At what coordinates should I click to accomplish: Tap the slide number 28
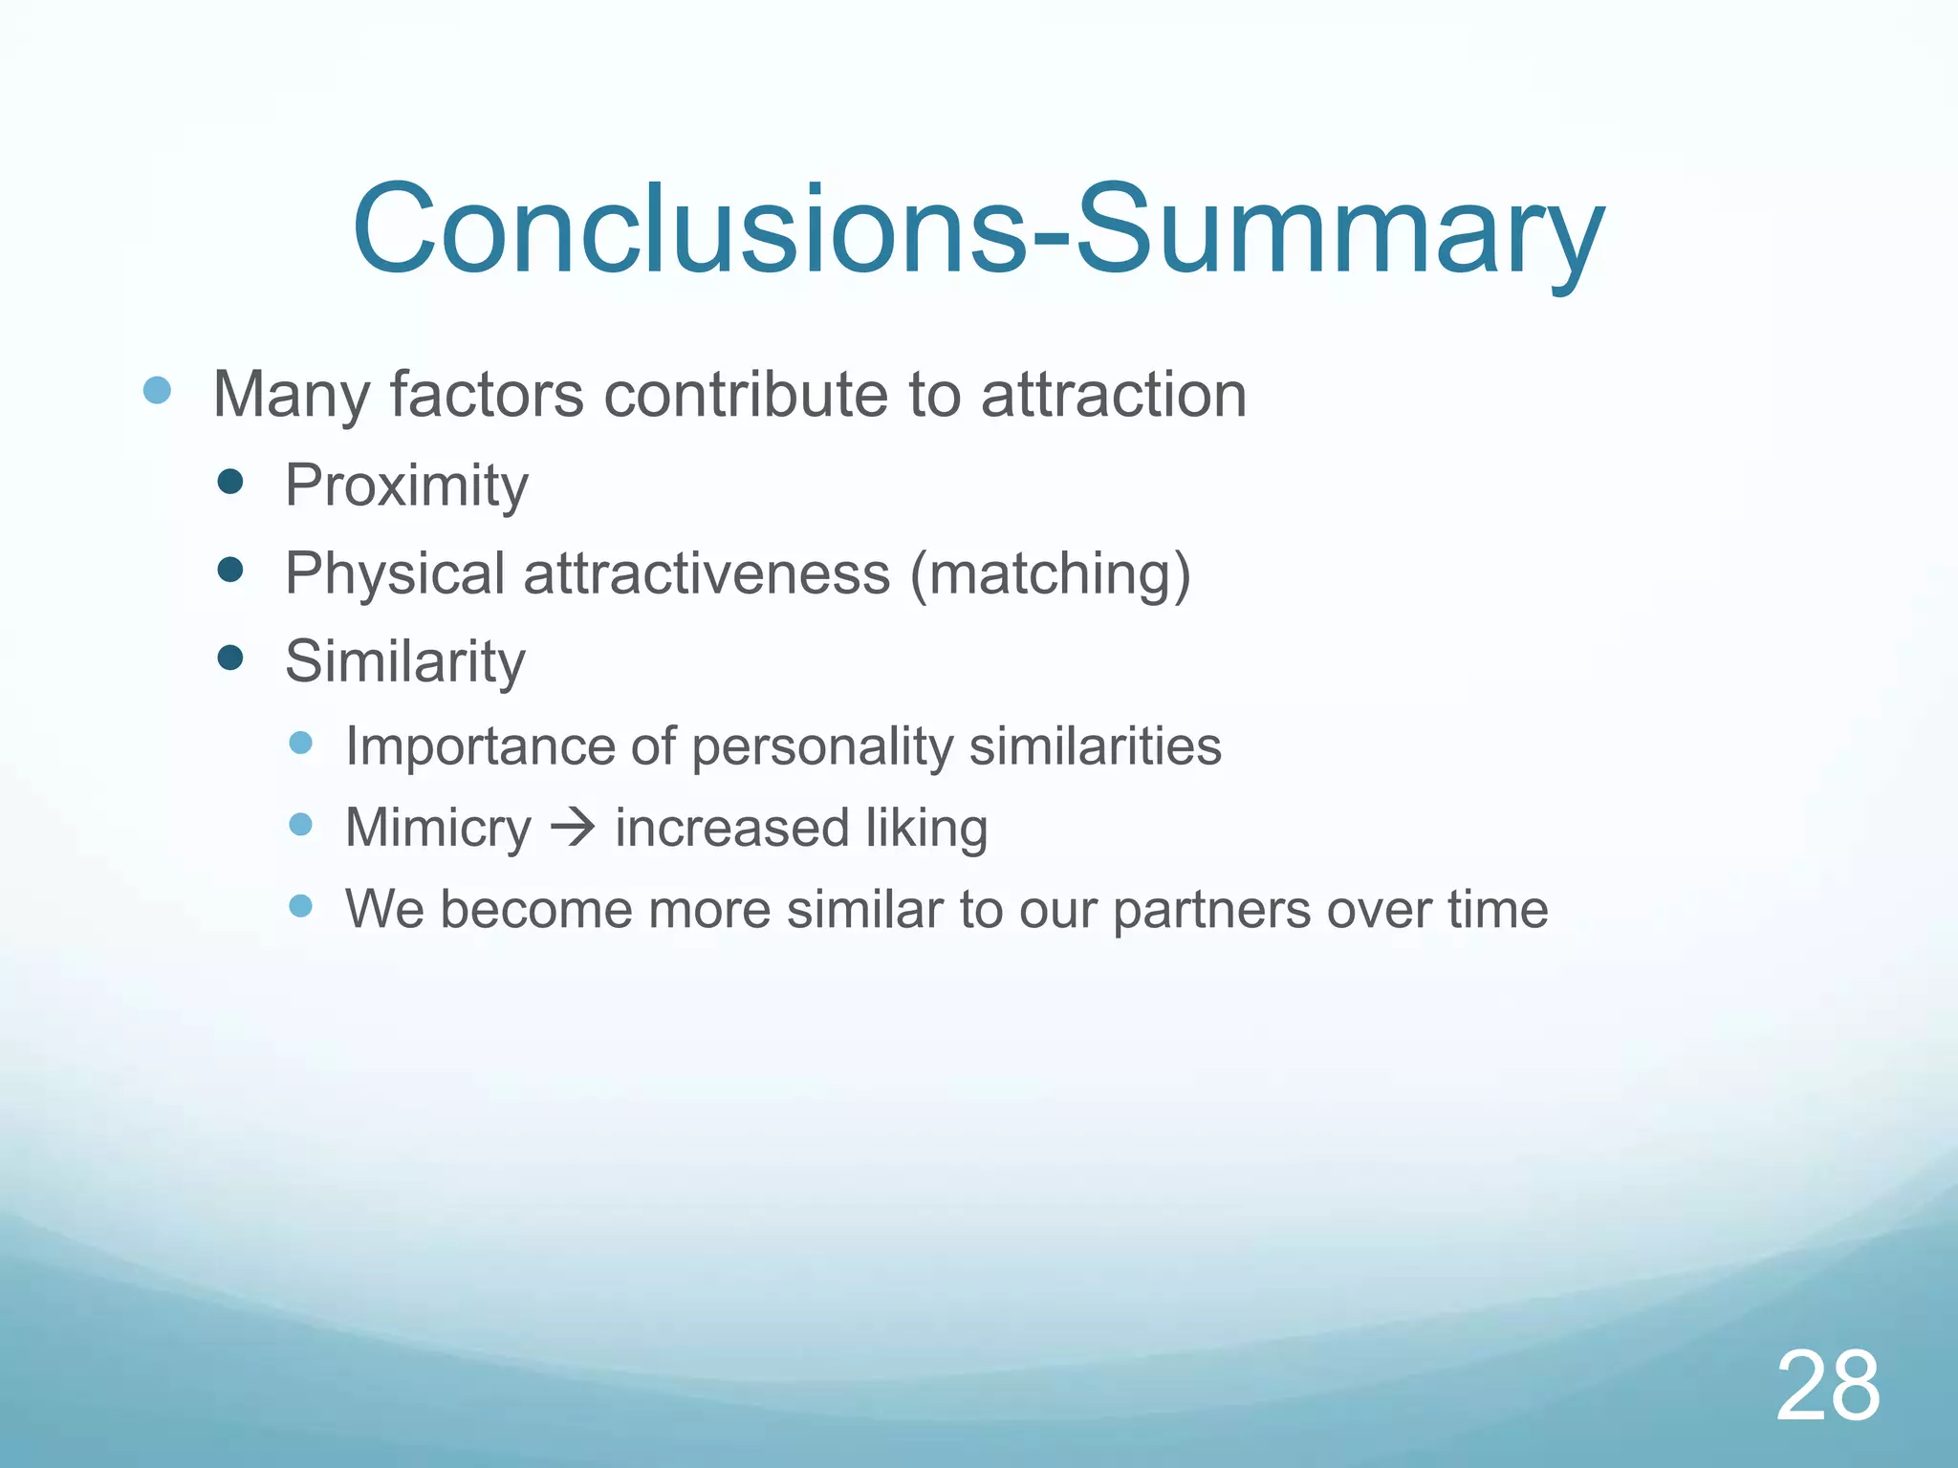pos(1828,1386)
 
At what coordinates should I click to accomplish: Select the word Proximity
pos(406,486)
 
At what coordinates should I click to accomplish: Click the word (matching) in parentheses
pos(1050,575)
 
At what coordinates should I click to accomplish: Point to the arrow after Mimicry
pos(574,827)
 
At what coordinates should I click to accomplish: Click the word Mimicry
pos(438,828)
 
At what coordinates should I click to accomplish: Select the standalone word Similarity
pos(405,661)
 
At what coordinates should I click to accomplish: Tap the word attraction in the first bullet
pos(1114,395)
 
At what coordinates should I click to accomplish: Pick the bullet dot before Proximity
pos(230,482)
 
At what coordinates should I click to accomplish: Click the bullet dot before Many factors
pos(157,390)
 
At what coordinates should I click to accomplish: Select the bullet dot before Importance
pos(300,743)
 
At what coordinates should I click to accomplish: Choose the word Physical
pos(395,575)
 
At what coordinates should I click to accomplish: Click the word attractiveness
pos(707,575)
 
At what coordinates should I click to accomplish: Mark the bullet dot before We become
pos(300,905)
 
